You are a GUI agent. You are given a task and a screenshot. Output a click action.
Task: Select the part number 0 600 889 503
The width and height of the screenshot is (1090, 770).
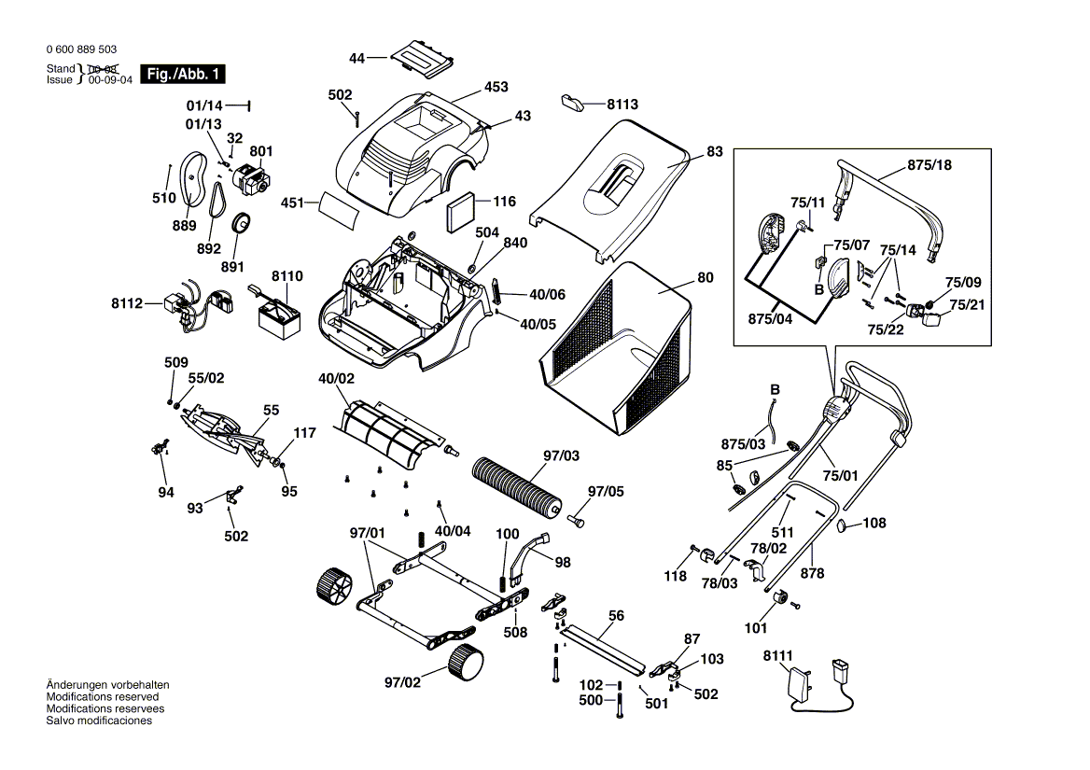[x=80, y=50]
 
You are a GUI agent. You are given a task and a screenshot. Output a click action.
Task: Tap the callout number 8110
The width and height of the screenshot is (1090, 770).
[x=287, y=277]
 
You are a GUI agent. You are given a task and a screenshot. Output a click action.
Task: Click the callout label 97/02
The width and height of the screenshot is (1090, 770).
[x=403, y=682]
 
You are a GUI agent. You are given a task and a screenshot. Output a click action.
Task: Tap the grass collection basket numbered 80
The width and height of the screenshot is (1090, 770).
[x=621, y=345]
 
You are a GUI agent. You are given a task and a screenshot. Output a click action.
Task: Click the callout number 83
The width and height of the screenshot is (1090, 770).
[x=715, y=151]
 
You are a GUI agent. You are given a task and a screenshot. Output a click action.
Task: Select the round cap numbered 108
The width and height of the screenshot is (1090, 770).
[x=846, y=525]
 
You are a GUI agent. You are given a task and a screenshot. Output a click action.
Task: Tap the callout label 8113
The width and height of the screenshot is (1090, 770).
[x=622, y=105]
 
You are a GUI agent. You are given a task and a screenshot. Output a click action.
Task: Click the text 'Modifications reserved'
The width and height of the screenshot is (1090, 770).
[x=102, y=697]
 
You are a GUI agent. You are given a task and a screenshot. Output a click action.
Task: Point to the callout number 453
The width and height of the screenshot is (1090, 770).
[x=496, y=87]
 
